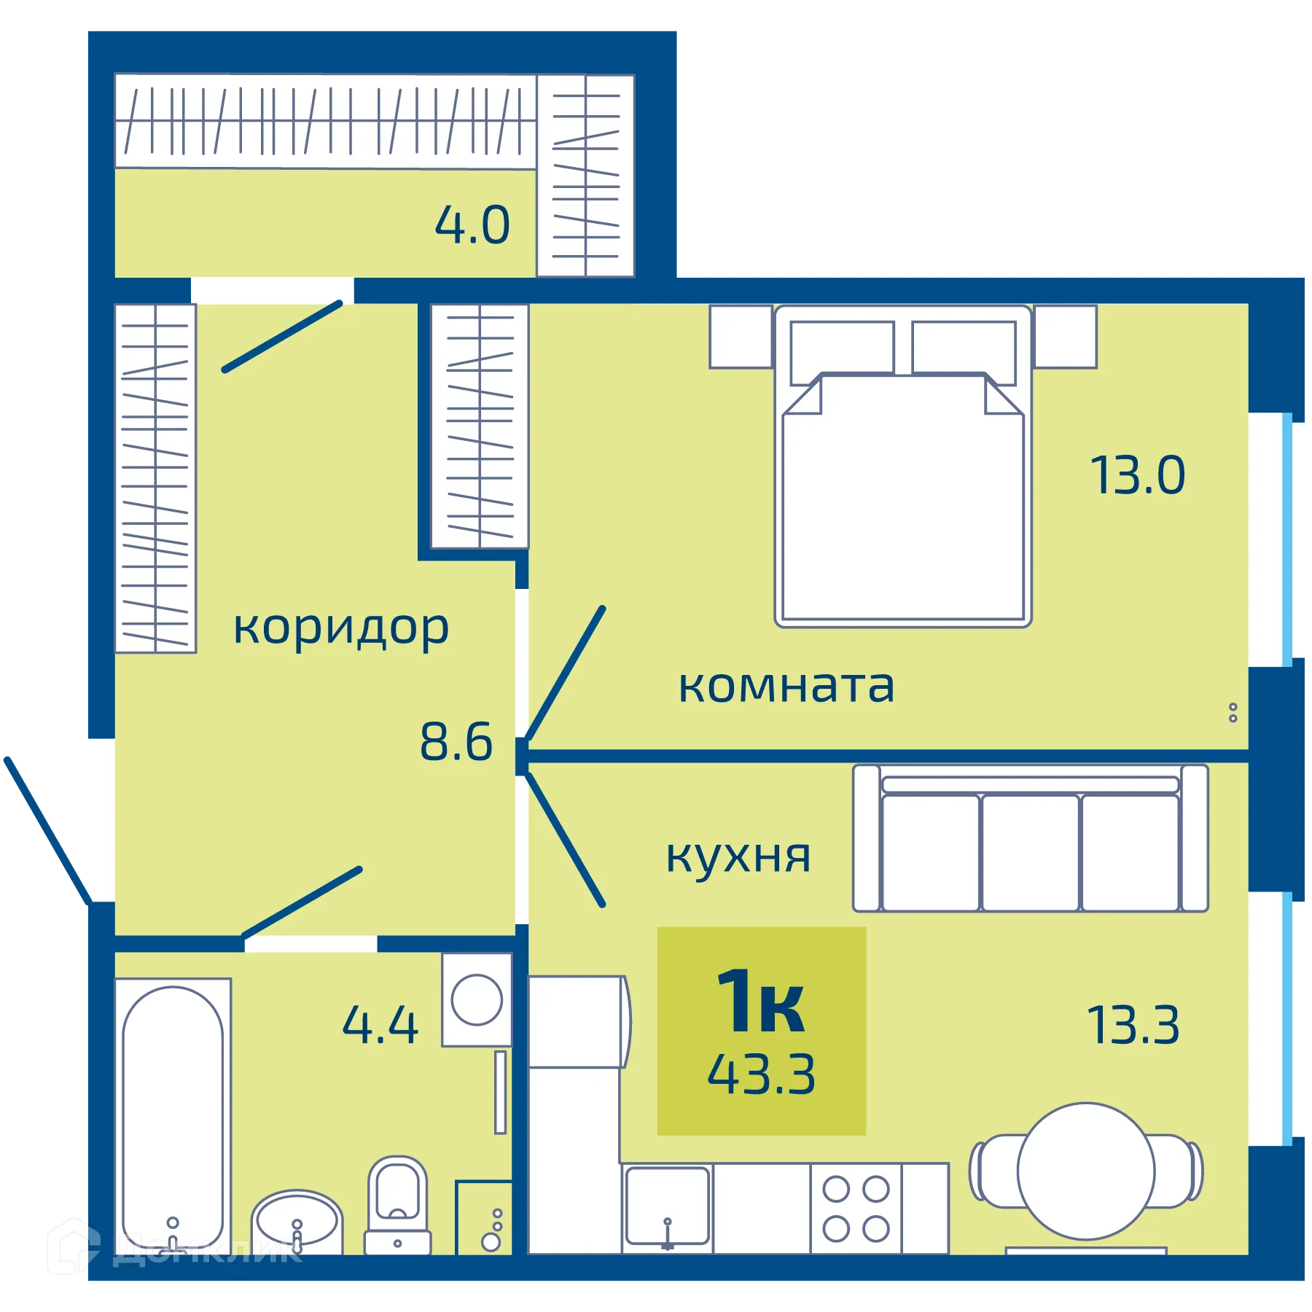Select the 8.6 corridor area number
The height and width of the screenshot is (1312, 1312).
point(456,742)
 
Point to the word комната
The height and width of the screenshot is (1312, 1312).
point(786,686)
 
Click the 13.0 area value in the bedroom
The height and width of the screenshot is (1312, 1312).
point(1138,475)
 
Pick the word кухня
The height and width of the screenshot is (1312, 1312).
point(738,856)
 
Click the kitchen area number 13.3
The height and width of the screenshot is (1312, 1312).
point(1133,1026)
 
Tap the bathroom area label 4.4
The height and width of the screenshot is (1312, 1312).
point(380,1025)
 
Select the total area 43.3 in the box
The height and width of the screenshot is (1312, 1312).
point(761,1074)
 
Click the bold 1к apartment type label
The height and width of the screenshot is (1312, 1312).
point(761,1002)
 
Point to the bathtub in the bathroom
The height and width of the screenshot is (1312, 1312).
point(173,1115)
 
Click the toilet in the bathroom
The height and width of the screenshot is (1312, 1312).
point(397,1203)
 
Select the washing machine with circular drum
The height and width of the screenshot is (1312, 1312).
point(477,999)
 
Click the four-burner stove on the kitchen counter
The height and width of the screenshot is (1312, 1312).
point(856,1208)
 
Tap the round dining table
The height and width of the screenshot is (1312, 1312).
point(1085,1171)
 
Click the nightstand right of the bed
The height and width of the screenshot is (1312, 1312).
point(1065,336)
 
